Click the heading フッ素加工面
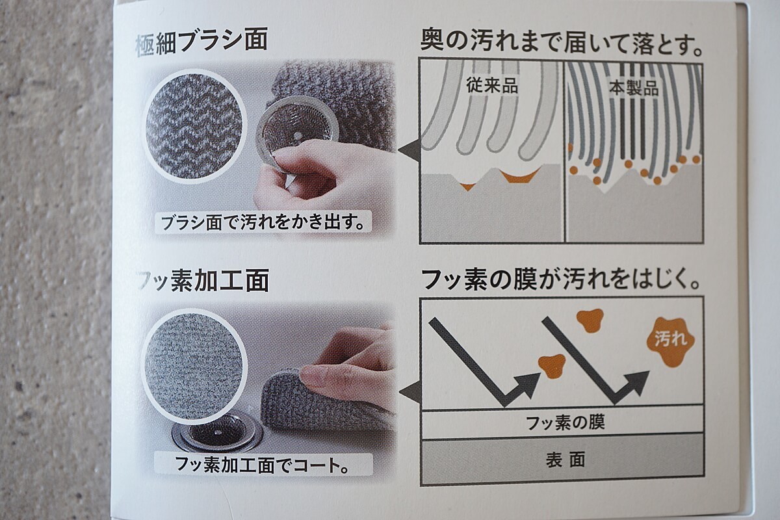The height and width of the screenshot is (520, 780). point(203,280)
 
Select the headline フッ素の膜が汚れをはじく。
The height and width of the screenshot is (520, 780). point(561,280)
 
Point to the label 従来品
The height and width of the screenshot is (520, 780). point(492,86)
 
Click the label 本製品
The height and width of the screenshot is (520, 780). point(634,88)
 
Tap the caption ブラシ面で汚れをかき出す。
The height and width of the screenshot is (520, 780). point(263,222)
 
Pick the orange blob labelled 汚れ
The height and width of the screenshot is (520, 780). point(670,341)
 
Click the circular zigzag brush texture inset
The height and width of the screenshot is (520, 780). point(194,125)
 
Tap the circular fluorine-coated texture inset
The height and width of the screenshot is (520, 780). point(194,367)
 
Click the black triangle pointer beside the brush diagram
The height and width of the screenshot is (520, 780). point(409,150)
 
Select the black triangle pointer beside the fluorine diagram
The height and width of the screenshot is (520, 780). point(410,393)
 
